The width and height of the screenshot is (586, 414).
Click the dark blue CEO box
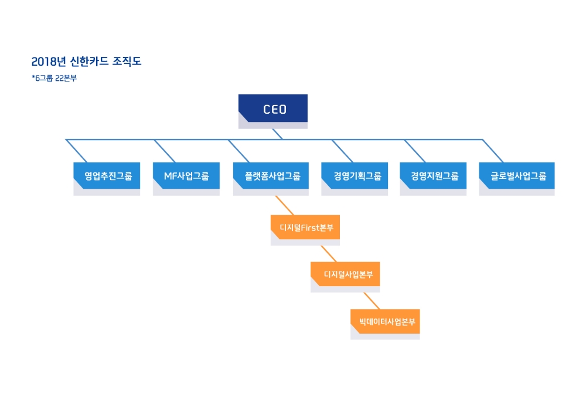[273, 108]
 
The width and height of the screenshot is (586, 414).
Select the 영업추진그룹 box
[107, 175]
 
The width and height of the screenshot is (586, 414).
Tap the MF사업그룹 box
[186, 175]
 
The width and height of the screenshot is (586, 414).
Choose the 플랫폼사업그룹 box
[271, 175]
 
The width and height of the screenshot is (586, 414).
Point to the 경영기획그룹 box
[355, 175]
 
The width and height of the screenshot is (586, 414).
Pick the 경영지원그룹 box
[434, 175]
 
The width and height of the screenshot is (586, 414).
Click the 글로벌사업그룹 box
[517, 175]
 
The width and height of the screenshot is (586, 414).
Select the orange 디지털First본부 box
[305, 228]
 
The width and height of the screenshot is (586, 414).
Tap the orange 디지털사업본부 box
[346, 274]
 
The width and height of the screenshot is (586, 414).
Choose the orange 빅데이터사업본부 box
[386, 321]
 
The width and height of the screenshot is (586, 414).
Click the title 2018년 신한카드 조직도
[87, 61]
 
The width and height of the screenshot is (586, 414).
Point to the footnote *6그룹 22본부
[54, 78]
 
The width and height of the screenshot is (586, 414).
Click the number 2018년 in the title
[46, 61]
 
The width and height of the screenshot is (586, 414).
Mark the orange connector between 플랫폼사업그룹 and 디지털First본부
[285, 205]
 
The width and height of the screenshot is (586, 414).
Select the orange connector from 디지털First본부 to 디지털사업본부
[329, 254]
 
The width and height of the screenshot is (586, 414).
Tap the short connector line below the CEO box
[278, 134]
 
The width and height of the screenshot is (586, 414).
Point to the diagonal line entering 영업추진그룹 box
[77, 151]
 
